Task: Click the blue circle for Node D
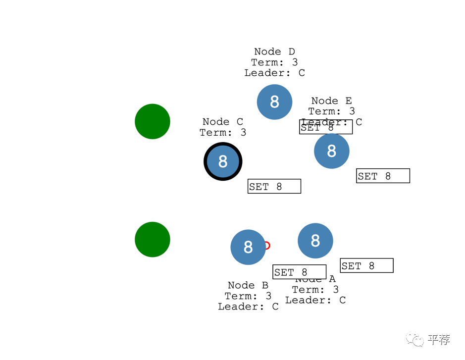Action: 274,102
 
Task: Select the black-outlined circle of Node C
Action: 223,161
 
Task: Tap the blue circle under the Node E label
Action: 332,151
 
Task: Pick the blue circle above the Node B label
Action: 248,247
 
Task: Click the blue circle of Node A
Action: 315,241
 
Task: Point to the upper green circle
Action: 153,121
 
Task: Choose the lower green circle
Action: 153,240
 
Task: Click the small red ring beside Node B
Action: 267,246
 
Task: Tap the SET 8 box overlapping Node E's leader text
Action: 326,127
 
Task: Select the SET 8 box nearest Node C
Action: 274,186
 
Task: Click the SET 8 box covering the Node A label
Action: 299,272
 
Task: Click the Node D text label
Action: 274,51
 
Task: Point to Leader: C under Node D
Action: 274,73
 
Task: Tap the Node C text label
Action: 223,122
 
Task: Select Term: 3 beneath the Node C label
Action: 223,133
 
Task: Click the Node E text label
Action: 332,101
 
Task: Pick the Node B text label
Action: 248,285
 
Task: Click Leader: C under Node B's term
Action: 248,307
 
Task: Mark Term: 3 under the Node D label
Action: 274,62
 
